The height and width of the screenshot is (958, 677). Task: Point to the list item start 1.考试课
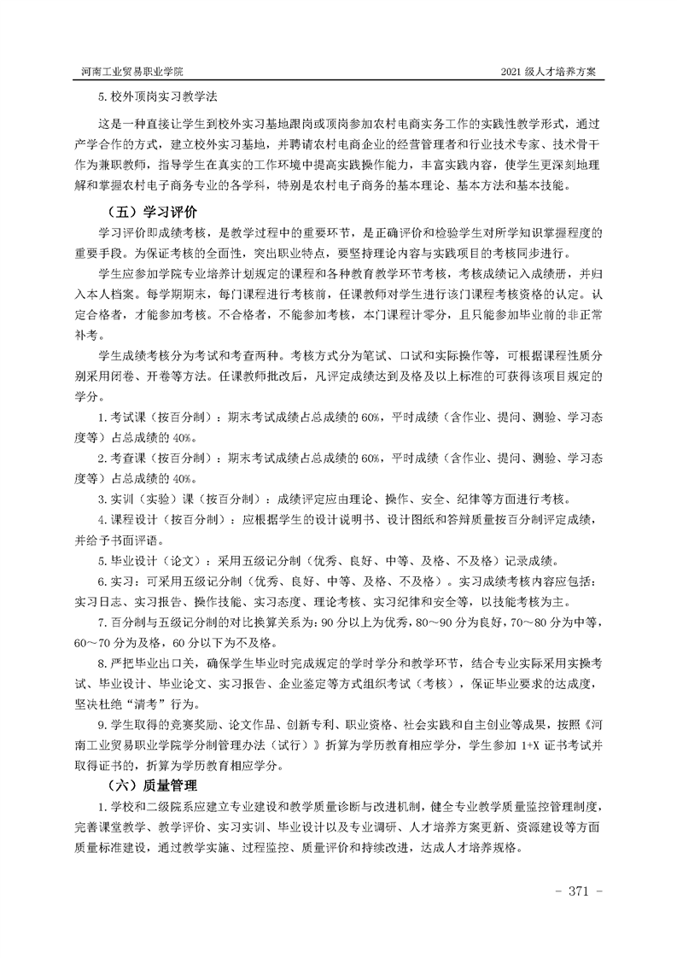point(128,418)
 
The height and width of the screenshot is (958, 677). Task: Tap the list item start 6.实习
point(114,581)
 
